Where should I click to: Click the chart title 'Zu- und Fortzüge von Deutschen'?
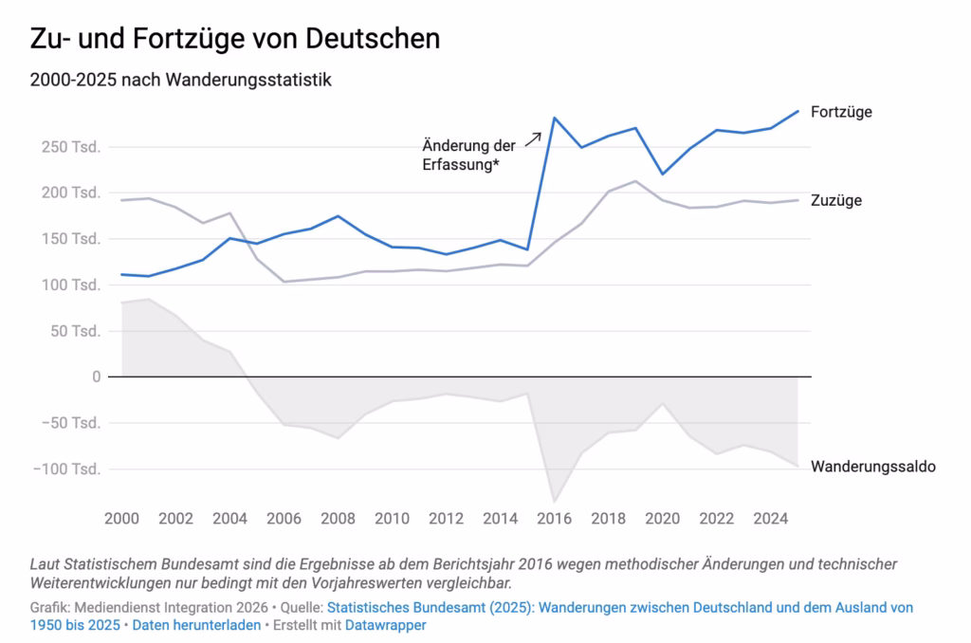coord(235,38)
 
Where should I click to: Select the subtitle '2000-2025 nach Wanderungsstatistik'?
coord(181,80)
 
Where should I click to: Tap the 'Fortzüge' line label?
coord(841,112)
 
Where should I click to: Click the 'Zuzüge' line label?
coord(836,200)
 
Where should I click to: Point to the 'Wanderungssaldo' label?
coord(873,467)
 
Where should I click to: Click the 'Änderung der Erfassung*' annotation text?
coord(468,155)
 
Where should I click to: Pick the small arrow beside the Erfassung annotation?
coord(533,139)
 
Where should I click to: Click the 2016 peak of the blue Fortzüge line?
coord(554,118)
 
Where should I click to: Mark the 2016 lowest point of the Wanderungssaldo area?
coord(554,501)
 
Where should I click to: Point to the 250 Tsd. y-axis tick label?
coord(70,147)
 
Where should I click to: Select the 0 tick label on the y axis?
coord(96,377)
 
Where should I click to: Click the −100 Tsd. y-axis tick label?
coord(67,468)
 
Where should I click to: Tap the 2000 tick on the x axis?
coord(121,519)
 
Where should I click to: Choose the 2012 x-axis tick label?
coord(446,519)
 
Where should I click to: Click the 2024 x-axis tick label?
coord(770,519)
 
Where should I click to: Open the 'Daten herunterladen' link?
coord(197,625)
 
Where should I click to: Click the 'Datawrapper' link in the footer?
coord(386,625)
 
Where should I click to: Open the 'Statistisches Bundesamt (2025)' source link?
coord(430,608)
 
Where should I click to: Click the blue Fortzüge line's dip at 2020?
coord(663,175)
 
